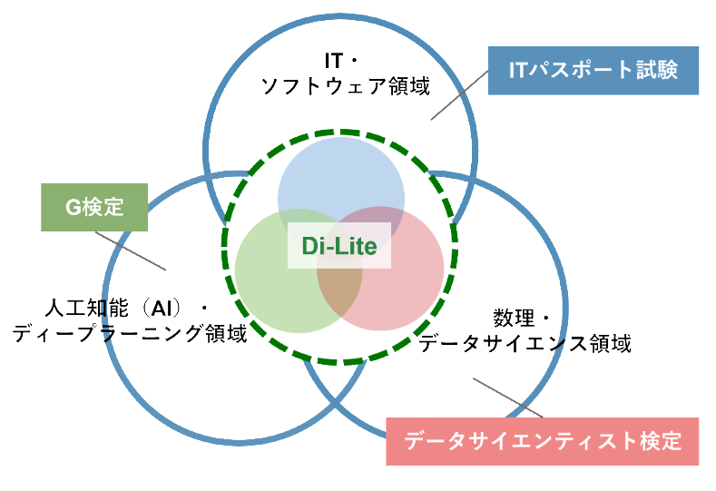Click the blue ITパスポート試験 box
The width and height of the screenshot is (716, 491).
click(x=593, y=71)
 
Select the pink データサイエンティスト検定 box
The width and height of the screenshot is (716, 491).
click(x=543, y=442)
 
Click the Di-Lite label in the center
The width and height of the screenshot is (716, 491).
click(x=339, y=246)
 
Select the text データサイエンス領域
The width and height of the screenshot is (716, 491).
click(x=525, y=343)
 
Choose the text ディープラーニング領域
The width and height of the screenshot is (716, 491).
click(x=130, y=333)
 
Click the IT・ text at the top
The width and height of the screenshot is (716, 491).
click(x=342, y=61)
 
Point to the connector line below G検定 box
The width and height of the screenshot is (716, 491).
click(x=131, y=250)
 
